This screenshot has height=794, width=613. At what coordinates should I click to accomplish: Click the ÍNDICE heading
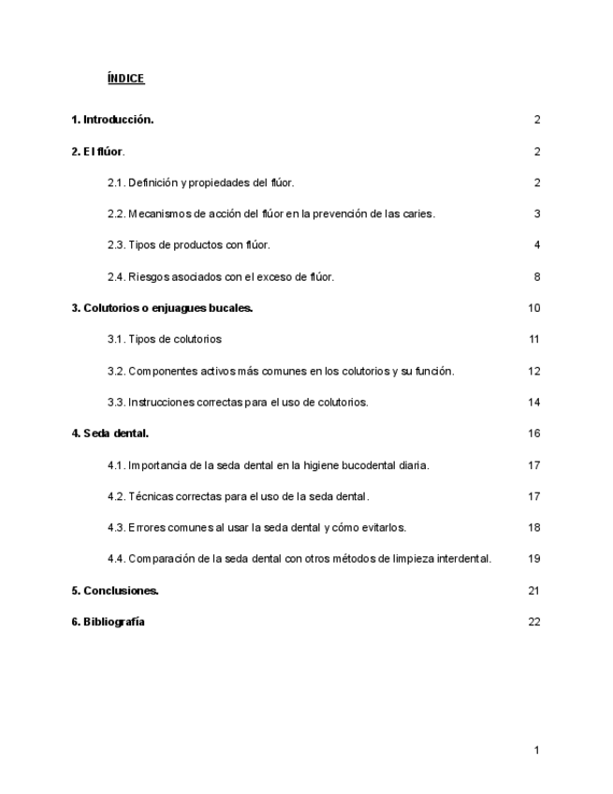(x=125, y=79)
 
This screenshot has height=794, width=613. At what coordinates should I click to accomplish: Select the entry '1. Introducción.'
(x=113, y=120)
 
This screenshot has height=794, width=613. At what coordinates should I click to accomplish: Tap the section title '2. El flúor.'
(x=98, y=152)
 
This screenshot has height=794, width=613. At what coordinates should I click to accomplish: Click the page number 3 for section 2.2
(x=537, y=214)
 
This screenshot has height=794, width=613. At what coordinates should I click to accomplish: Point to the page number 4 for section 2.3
(x=537, y=245)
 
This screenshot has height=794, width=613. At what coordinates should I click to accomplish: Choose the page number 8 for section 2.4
(x=537, y=277)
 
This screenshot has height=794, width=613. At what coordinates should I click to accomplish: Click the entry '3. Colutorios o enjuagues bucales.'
(x=163, y=308)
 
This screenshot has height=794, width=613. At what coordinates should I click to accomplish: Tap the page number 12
(x=534, y=371)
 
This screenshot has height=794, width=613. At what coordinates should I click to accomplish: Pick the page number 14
(x=534, y=403)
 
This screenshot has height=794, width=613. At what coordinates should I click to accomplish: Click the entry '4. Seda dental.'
(x=110, y=434)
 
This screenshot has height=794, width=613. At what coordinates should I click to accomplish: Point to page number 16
(x=534, y=434)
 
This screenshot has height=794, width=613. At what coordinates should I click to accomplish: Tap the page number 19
(x=534, y=559)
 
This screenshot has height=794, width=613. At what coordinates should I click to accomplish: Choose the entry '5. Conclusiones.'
(x=116, y=591)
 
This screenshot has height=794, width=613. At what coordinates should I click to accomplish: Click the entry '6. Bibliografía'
(x=109, y=622)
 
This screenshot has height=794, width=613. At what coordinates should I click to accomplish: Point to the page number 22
(x=534, y=622)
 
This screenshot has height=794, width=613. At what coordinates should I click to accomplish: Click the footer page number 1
(x=537, y=750)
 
